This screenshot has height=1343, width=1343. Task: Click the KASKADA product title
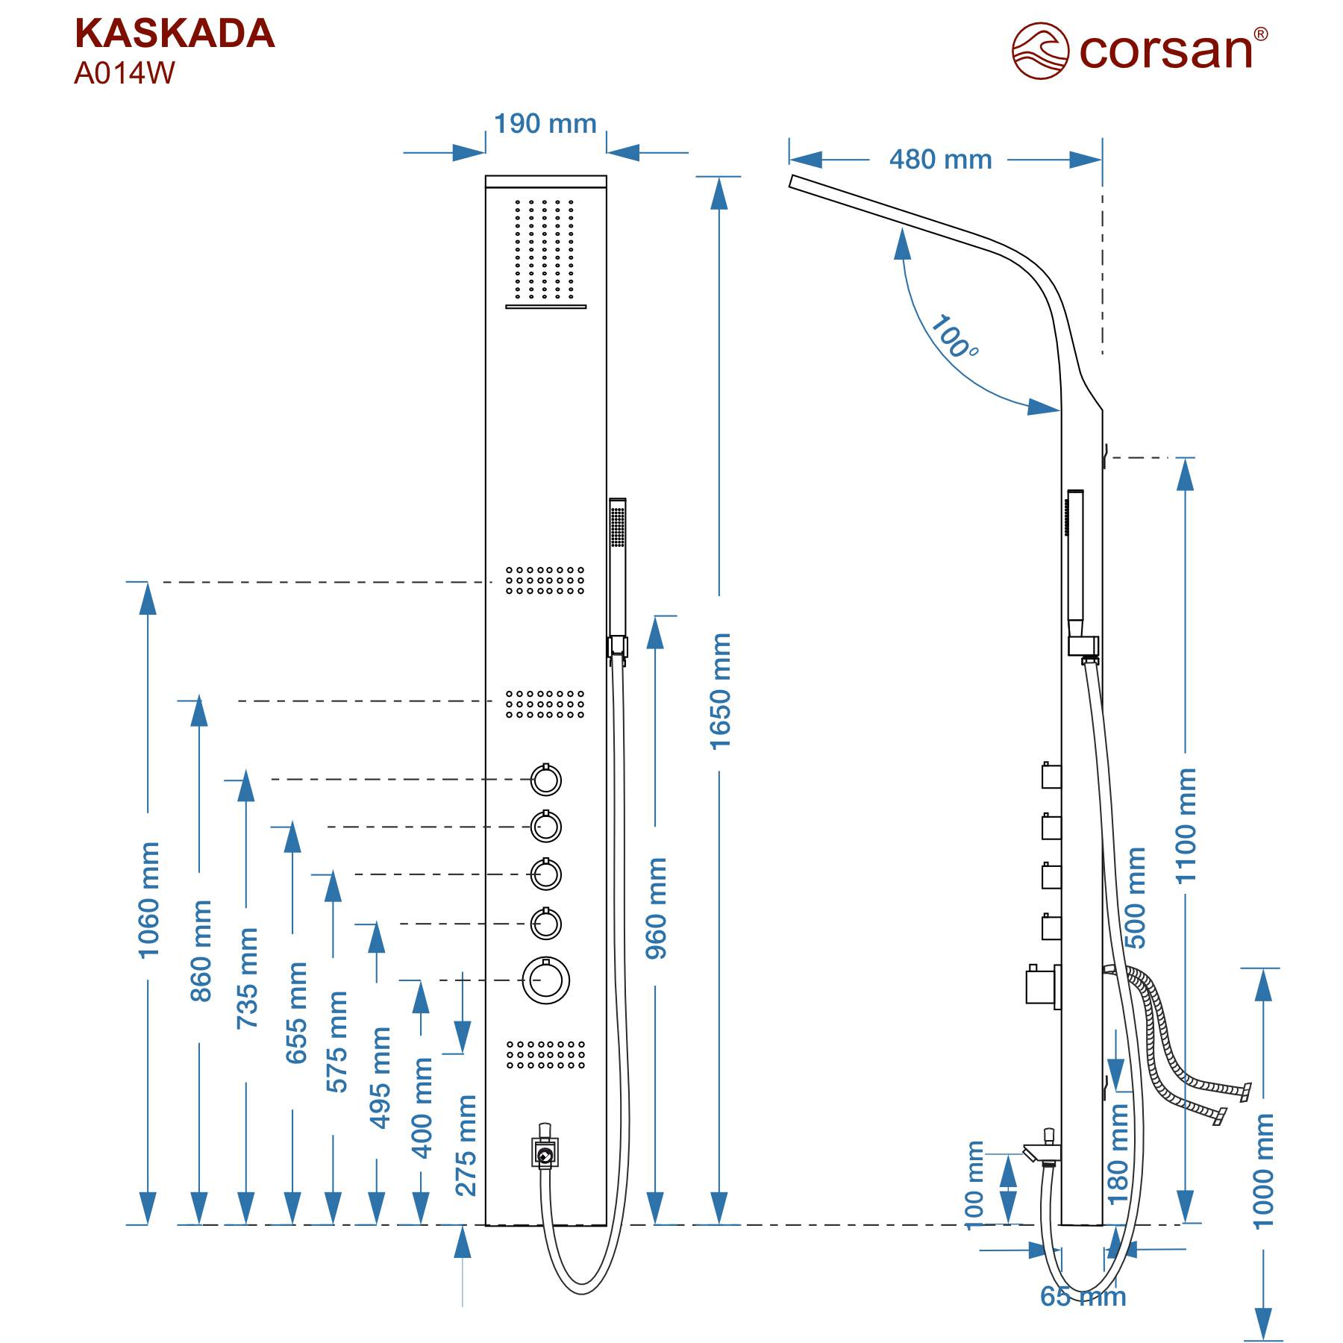pos(175,34)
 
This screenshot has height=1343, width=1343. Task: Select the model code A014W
pos(124,73)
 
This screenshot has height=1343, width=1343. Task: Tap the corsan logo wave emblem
pos(1040,50)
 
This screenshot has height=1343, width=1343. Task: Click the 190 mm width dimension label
pos(545,124)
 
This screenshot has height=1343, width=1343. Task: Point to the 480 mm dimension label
pos(940,160)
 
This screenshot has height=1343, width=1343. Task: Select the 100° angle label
pos(954,337)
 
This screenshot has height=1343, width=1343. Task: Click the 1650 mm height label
pos(720,692)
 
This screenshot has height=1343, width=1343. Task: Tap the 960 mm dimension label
pos(656,908)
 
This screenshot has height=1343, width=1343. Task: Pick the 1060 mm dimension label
pos(149,899)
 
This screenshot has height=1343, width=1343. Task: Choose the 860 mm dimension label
pos(201,951)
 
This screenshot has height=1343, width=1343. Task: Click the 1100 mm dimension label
pos(1186,826)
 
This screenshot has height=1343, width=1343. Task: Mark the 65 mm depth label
pos(1083,1297)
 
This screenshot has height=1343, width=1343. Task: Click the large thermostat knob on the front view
pos(546,980)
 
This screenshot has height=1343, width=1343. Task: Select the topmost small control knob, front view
pos(546,780)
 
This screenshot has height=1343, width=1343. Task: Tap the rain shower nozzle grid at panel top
pos(545,249)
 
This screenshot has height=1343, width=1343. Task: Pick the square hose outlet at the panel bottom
pos(545,1153)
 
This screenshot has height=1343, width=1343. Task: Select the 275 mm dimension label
pos(466,1145)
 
